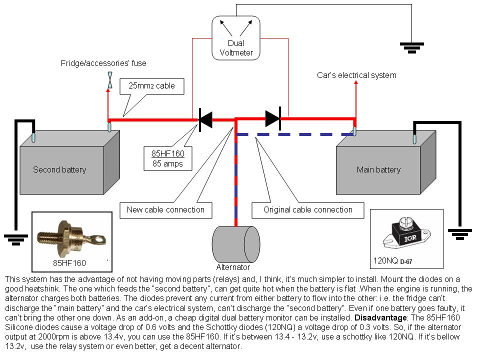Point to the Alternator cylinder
236,243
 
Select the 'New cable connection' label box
165,209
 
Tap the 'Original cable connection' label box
308,209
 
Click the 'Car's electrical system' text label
356,75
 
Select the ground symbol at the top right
412,47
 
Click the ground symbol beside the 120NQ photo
460,233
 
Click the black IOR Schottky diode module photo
405,235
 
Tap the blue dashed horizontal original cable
295,134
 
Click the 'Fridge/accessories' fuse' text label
103,63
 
